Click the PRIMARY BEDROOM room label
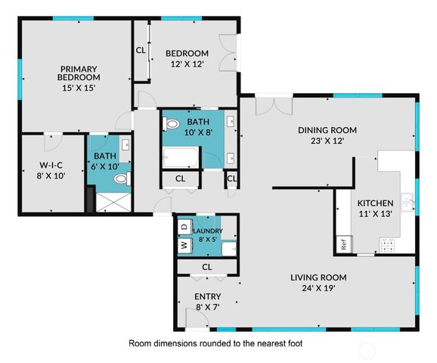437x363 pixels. [x=79, y=77]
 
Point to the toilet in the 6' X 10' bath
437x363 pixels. [x=120, y=179]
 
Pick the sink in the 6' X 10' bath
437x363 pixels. [x=126, y=146]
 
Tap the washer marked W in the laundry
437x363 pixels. [x=184, y=246]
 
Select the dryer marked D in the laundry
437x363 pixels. [x=184, y=226]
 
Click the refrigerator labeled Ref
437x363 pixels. [x=344, y=245]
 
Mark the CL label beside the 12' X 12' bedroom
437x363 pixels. [x=141, y=51]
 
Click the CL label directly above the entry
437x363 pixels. [x=206, y=268]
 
